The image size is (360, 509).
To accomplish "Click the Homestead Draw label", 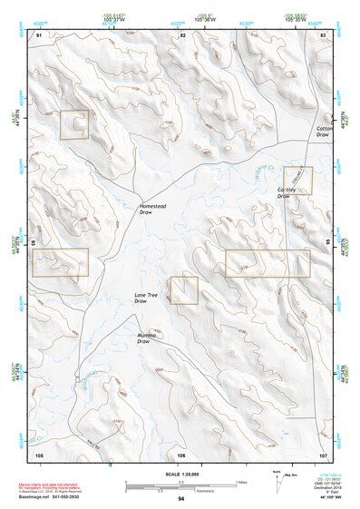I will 152,210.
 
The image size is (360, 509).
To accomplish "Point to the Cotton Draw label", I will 326,133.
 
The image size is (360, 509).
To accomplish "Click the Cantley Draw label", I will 288,192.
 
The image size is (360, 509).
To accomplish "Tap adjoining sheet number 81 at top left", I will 39,34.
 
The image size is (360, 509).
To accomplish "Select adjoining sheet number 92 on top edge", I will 182,34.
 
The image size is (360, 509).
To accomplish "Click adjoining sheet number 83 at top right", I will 324,34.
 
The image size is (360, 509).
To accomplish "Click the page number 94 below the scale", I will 181,498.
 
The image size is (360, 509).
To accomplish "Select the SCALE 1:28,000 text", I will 181,475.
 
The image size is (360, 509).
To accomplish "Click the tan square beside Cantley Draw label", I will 297,180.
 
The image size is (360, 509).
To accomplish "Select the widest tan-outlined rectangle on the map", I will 268,263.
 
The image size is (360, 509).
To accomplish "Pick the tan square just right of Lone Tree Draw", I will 183,290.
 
